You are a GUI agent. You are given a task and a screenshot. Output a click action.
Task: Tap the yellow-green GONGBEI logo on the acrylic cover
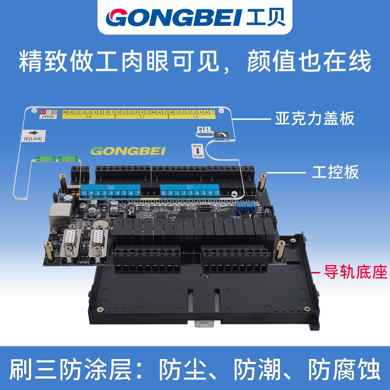click(x=128, y=151)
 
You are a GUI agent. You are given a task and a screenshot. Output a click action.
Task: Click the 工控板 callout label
click(x=335, y=172)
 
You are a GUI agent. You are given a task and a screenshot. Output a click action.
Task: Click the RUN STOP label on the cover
click(x=198, y=151)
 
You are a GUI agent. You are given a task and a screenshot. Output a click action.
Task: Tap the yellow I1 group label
click(x=142, y=117)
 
